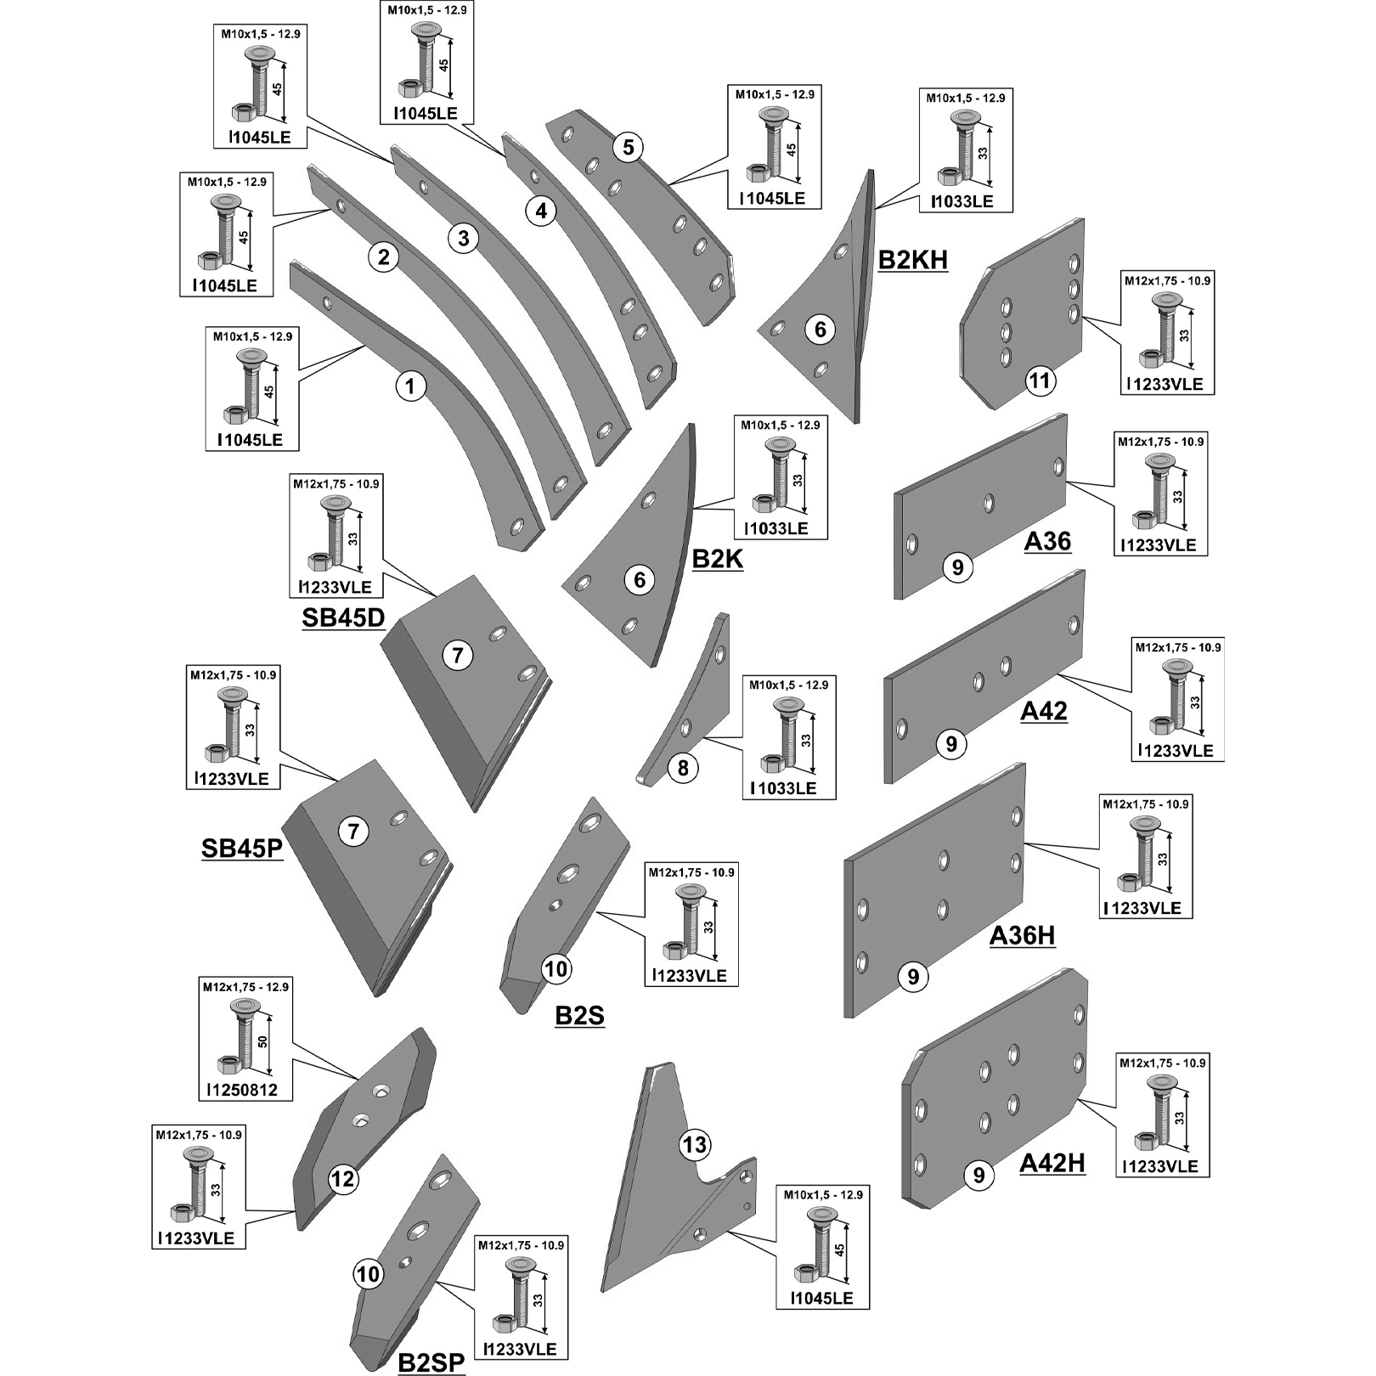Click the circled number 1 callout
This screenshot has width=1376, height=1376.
[410, 387]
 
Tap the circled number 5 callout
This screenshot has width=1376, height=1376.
[628, 147]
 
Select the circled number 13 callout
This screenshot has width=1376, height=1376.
[695, 1145]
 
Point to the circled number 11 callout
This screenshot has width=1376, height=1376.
[1040, 381]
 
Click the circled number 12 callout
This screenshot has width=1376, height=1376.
[343, 1179]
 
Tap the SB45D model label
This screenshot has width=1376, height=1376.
[343, 618]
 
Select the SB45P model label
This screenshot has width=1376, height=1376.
[241, 848]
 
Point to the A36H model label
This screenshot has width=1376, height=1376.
[1023, 935]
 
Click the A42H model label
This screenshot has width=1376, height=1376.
[1052, 1163]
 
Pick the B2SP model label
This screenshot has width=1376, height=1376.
[431, 1362]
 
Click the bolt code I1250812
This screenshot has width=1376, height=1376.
[242, 1090]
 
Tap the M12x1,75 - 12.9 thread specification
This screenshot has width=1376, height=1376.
[245, 987]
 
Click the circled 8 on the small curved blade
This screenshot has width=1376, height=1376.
[683, 769]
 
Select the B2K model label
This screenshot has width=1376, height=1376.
[718, 559]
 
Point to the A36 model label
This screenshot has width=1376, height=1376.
[1047, 541]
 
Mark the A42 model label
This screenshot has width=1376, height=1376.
[1043, 710]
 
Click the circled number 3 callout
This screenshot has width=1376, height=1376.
[463, 239]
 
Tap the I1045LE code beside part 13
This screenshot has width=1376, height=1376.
[822, 1298]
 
